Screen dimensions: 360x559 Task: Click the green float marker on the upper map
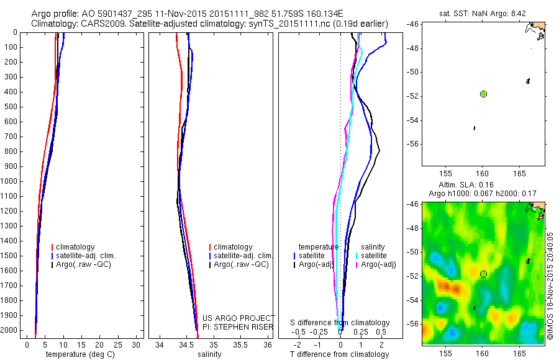[x=483, y=94]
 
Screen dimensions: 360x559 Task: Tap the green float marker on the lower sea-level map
[x=483, y=274]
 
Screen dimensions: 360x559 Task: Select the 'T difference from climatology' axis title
[x=340, y=354]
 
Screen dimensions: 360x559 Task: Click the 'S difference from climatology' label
[x=340, y=323]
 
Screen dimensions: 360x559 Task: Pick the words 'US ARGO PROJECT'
[x=239, y=318]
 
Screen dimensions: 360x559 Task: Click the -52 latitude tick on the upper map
[x=412, y=96]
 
